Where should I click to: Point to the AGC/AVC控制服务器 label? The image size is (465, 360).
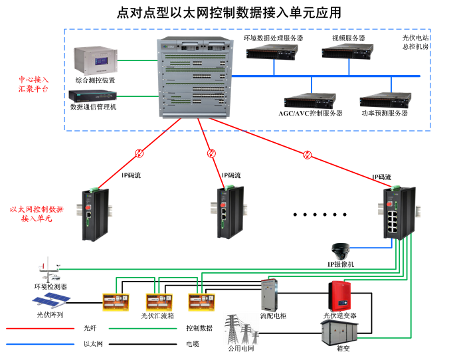(x=310, y=114)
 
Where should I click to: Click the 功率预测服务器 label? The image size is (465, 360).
(x=385, y=114)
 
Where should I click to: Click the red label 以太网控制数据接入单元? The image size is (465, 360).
(x=37, y=213)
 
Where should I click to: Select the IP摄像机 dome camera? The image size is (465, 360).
(x=341, y=251)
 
